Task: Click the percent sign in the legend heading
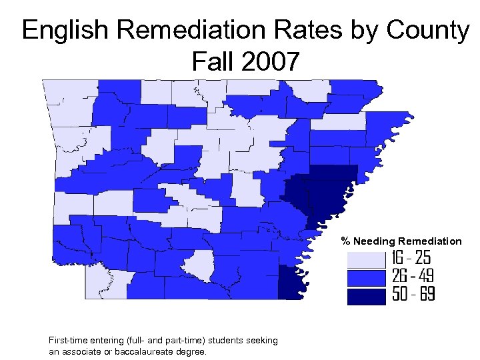click(x=345, y=241)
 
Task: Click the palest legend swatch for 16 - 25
click(x=366, y=259)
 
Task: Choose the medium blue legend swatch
click(x=366, y=277)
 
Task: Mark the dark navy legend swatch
click(x=366, y=295)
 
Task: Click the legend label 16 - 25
click(x=412, y=259)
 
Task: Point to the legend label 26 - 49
click(x=413, y=277)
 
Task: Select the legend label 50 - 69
click(x=413, y=295)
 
